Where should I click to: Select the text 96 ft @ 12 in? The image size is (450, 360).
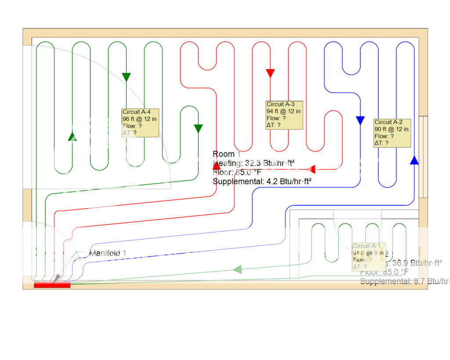coord(140,119)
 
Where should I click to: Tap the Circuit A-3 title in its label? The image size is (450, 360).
coord(280,104)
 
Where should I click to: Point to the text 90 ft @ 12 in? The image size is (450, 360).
coord(392,129)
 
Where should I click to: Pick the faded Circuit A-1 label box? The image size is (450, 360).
coord(369,256)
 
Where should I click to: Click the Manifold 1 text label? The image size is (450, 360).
coord(108,253)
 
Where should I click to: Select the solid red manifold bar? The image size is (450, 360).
coord(52,285)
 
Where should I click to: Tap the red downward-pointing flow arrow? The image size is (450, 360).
coord(270,73)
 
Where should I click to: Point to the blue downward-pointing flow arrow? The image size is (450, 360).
coord(360,120)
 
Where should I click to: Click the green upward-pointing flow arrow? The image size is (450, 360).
coord(73,136)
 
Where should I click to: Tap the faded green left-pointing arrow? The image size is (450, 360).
coord(237,269)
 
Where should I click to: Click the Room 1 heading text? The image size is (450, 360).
coord(227,154)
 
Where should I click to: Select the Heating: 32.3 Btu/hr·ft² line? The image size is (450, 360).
coord(254,163)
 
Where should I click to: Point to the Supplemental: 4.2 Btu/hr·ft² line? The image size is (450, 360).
coord(262,181)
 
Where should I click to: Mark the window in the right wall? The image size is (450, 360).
coord(423,156)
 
